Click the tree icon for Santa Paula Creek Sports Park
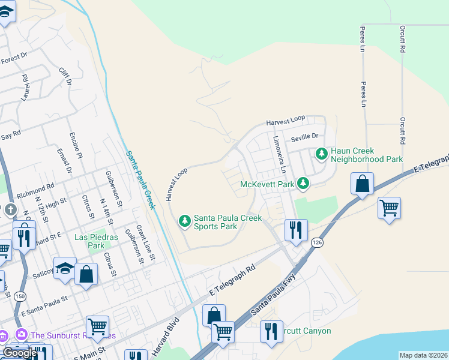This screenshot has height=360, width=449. pos(185,222)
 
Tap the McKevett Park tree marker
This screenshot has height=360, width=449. pos(305,183)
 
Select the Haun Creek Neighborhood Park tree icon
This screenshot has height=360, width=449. pos(322,154)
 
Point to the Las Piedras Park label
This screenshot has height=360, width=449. pos(89,241)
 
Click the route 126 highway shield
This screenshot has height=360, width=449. pos(317,242)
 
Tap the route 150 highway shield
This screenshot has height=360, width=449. pos(20,296)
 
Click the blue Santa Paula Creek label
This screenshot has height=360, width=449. pos(140,179)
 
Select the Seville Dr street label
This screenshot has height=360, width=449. pos(304,138)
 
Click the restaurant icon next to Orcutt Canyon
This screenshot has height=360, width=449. pos(271,331)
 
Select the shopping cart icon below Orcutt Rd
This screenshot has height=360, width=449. pos(390,208)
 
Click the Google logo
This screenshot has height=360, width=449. pos(20,353)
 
